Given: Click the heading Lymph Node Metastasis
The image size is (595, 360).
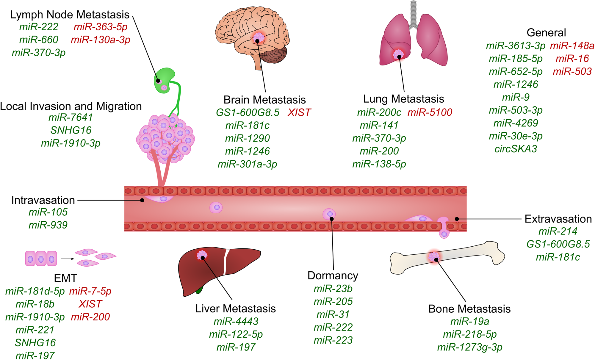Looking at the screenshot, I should pyautogui.click(x=70, y=15).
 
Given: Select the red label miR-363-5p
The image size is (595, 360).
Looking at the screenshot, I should pyautogui.click(x=100, y=27).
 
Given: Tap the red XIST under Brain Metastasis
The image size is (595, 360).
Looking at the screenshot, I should pyautogui.click(x=299, y=112).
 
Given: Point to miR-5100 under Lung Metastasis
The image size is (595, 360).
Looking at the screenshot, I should pyautogui.click(x=430, y=112).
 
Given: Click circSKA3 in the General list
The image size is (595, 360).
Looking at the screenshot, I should pyautogui.click(x=516, y=149).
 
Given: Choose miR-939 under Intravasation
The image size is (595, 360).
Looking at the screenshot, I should pyautogui.click(x=48, y=225).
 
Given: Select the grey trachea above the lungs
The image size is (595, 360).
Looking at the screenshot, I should pyautogui.click(x=413, y=13).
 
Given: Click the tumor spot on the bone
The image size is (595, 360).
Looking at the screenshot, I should pyautogui.click(x=434, y=256).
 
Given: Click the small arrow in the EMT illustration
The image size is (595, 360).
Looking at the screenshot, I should pyautogui.click(x=68, y=259).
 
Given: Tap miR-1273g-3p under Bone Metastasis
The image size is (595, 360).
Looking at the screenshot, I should pyautogui.click(x=469, y=347).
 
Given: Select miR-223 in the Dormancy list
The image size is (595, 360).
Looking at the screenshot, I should pyautogui.click(x=333, y=340).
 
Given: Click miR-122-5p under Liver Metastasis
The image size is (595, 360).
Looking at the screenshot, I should pyautogui.click(x=236, y=334).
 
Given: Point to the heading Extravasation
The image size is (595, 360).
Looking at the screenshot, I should pyautogui.click(x=558, y=219).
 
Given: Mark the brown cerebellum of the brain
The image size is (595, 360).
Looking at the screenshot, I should pyautogui.click(x=275, y=55).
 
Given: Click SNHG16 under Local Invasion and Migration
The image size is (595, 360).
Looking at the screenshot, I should pyautogui.click(x=71, y=130).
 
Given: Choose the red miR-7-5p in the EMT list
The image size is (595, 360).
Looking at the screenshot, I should pyautogui.click(x=90, y=291).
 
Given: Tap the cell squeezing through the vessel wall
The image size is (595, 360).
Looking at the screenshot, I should pyautogui.click(x=444, y=228).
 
